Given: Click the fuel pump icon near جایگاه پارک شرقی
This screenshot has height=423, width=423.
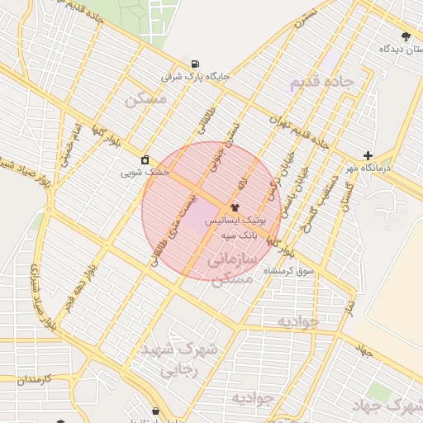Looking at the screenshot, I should click(195, 64).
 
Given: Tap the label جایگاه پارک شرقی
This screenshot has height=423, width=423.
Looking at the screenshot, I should click(194, 77).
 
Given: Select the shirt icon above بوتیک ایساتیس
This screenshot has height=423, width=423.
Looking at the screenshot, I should click(235, 207).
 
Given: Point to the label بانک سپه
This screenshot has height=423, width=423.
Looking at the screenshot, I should click(240, 235).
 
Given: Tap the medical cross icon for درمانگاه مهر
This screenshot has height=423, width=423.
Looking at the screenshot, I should click(368, 155).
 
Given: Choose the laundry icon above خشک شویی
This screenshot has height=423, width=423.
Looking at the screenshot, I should click(145, 159).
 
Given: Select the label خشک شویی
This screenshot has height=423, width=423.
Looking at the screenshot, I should click(145, 173).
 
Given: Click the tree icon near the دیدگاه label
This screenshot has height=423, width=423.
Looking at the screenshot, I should click(405, 36).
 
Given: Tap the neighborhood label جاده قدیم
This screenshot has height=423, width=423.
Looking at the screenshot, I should click(321, 83).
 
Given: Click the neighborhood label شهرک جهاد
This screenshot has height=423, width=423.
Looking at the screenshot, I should click(387, 406).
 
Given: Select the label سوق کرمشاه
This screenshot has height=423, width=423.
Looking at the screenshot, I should click(285, 271).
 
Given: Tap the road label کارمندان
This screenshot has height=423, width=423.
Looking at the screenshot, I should click(34, 378).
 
